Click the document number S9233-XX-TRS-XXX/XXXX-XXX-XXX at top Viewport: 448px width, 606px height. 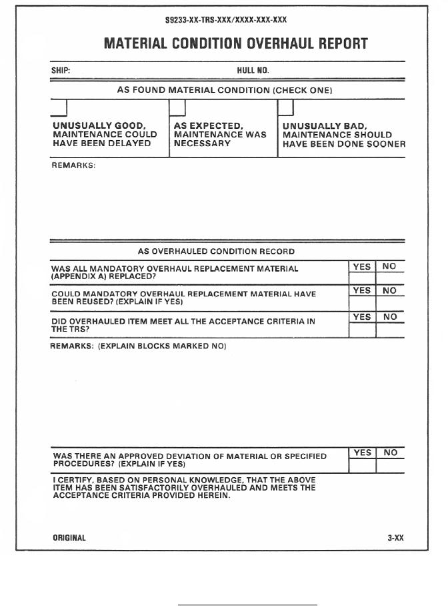[226, 21]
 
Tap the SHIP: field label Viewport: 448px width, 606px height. [61, 70]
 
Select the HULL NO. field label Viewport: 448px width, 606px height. [253, 70]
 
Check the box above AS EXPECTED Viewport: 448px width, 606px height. [177, 107]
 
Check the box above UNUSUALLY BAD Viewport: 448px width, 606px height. [285, 107]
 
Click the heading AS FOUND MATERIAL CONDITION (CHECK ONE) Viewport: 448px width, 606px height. [225, 89]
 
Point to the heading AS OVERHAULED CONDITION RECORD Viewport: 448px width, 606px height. [216, 252]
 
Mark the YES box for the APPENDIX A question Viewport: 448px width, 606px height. [362, 277]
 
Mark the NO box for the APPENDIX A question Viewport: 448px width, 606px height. [390, 277]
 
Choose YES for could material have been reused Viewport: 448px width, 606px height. [362, 303]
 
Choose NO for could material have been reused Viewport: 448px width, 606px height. [390, 303]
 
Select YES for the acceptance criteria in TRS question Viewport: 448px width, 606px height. [362, 330]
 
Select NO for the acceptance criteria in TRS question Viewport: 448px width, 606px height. [390, 330]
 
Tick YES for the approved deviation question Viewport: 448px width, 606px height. [362, 466]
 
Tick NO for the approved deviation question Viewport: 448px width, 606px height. [390, 466]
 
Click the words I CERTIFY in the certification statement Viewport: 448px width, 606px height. [72, 480]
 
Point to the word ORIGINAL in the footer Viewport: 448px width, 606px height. [69, 537]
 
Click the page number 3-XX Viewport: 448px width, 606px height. [395, 537]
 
